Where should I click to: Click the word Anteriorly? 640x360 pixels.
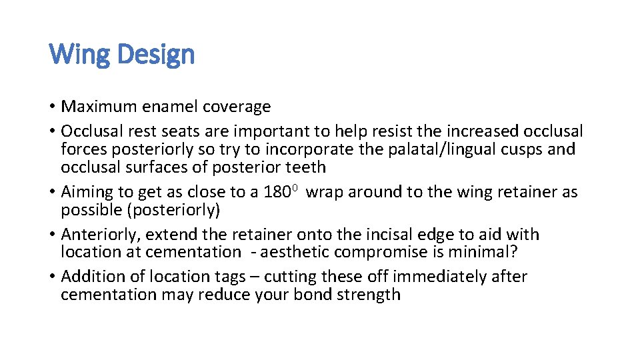coord(101,235)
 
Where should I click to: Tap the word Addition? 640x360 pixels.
coord(91,277)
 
